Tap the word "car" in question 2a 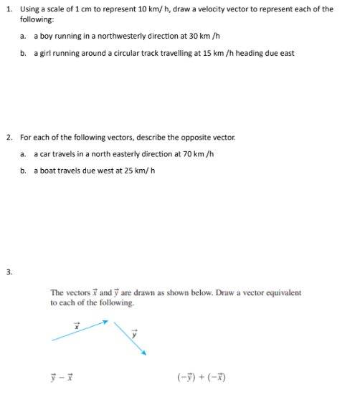pyautogui.click(x=44, y=153)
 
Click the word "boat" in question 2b pyautogui.click(x=47, y=171)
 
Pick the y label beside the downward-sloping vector pyautogui.click(x=133, y=332)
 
